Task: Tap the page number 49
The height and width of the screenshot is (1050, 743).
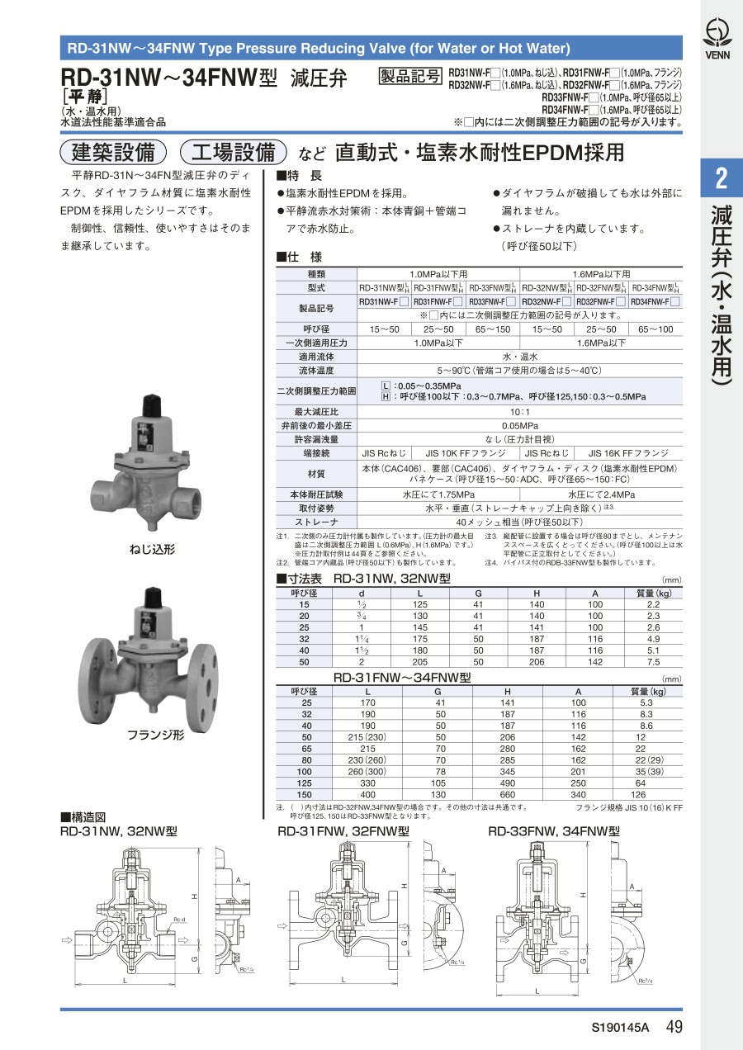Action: pyautogui.click(x=674, y=1027)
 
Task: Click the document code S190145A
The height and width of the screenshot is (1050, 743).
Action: pyautogui.click(x=620, y=1028)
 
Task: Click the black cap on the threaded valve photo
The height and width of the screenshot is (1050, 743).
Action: pyautogui.click(x=153, y=405)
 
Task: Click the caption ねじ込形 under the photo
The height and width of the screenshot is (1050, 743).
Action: pyautogui.click(x=153, y=550)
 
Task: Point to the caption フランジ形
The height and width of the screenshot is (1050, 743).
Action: pyautogui.click(x=156, y=735)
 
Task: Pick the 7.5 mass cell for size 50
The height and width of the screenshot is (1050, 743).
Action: pyautogui.click(x=653, y=662)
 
